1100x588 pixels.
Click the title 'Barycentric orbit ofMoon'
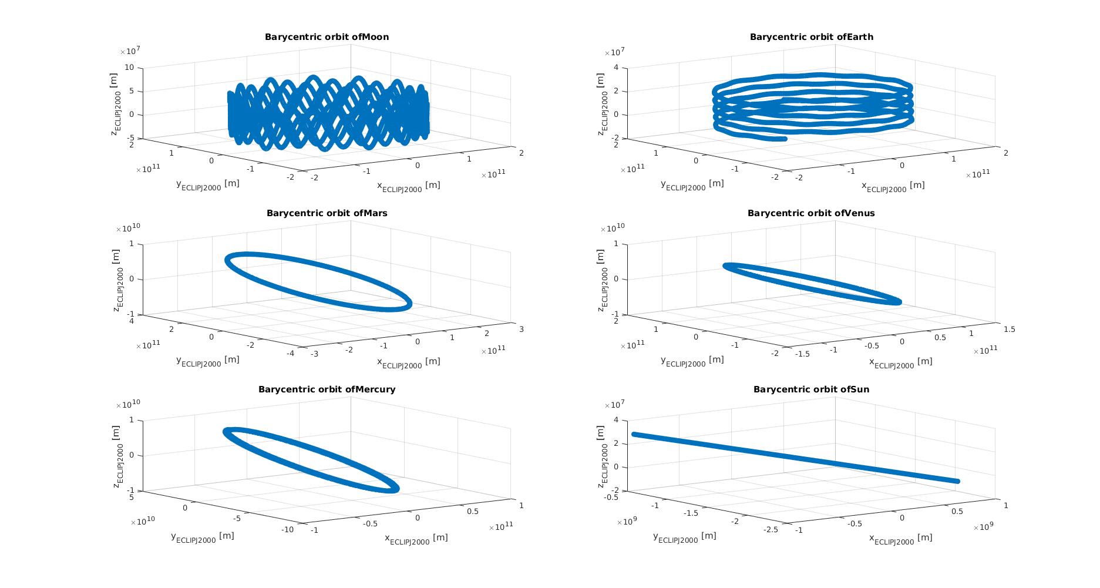point(327,37)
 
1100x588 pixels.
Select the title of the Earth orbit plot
point(811,37)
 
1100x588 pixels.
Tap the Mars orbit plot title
point(327,213)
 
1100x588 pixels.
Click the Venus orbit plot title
point(811,213)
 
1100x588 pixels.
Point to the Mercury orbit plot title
point(327,389)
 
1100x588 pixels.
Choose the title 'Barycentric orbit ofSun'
point(811,389)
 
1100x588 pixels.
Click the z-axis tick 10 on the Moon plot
point(130,68)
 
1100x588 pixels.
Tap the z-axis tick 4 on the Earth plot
point(616,68)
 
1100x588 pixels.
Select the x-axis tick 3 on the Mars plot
point(522,329)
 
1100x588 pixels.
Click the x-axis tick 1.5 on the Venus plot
point(1009,330)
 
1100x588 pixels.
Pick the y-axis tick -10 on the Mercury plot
point(287,529)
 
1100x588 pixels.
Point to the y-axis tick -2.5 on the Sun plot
point(772,530)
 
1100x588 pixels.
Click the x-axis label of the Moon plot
point(408,186)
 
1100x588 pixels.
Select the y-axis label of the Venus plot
point(692,361)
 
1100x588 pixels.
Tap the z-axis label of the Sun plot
point(601,457)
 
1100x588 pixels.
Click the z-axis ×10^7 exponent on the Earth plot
point(614,52)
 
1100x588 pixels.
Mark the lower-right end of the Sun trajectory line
point(957,481)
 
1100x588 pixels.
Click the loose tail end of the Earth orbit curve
point(785,139)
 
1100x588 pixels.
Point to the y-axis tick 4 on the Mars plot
point(132,320)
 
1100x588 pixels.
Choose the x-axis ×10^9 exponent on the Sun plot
point(983,527)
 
